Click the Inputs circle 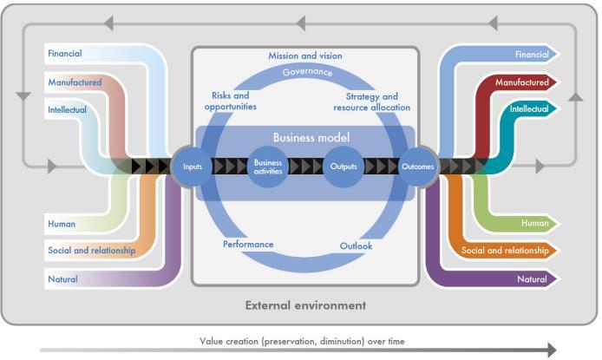(192, 167)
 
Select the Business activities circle (268, 167)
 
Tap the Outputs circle (344, 167)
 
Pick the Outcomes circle (418, 167)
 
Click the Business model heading (311, 137)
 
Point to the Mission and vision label (305, 56)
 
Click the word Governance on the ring (308, 72)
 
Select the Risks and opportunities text (231, 101)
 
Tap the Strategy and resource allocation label (371, 101)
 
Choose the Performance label (248, 244)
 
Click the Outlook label (356, 245)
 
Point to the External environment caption (305, 305)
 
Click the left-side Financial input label (64, 53)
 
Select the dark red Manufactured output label (521, 82)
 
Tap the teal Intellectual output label (529, 109)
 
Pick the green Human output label (535, 223)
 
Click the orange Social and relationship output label (505, 250)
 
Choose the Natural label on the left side (62, 279)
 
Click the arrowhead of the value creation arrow (552, 350)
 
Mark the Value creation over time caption (302, 341)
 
